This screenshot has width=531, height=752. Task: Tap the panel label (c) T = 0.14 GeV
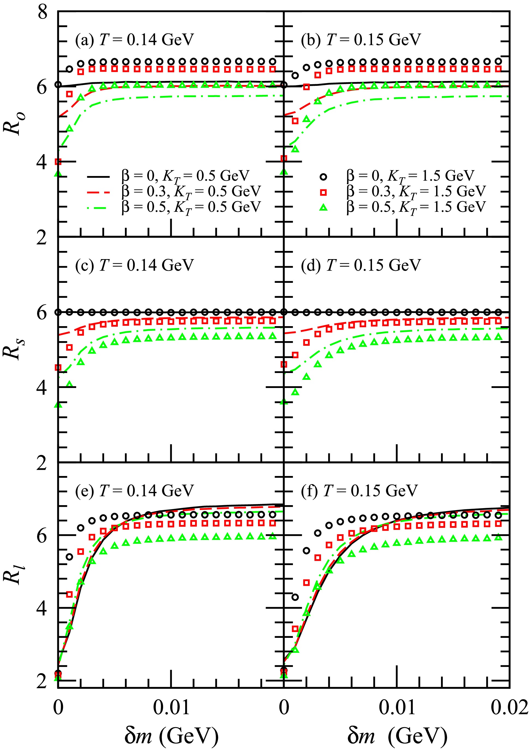click(x=134, y=265)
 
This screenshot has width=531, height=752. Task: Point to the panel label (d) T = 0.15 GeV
click(x=361, y=265)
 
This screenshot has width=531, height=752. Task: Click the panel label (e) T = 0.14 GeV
click(x=134, y=491)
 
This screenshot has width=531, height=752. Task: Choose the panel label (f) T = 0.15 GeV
click(x=359, y=491)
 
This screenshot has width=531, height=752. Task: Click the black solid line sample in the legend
click(x=98, y=177)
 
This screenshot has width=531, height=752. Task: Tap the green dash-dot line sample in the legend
click(x=98, y=208)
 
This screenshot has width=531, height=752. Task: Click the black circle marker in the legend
click(x=323, y=177)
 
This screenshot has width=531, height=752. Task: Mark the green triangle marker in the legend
click(x=323, y=208)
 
